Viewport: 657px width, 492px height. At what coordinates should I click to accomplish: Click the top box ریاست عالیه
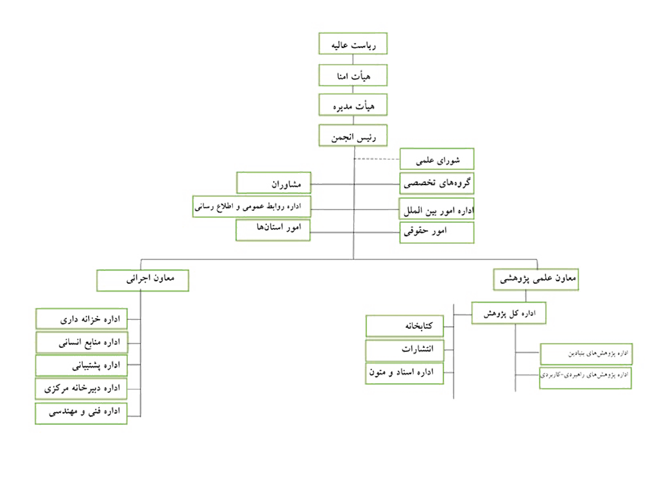click(x=353, y=44)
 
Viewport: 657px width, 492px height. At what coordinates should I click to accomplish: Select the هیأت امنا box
click(x=353, y=75)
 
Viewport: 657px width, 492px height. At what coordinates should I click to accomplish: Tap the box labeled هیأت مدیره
click(x=353, y=104)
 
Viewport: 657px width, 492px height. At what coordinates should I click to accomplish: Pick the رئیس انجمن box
click(x=353, y=136)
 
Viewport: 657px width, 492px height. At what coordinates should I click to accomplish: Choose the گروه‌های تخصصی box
click(x=437, y=183)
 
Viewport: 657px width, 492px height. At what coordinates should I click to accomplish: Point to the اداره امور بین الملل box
click(x=437, y=209)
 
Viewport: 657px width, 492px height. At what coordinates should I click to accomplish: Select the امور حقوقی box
click(x=437, y=232)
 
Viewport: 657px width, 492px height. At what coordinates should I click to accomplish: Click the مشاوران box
click(x=274, y=183)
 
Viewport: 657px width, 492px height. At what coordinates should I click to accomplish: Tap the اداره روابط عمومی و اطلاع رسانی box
click(x=252, y=207)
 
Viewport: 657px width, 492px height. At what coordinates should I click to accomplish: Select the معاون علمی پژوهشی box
click(x=536, y=280)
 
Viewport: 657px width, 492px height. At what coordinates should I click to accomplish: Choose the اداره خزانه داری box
click(x=81, y=318)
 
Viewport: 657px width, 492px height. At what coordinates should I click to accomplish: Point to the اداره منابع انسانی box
click(x=81, y=342)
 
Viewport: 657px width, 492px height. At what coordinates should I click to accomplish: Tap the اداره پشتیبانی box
click(x=81, y=365)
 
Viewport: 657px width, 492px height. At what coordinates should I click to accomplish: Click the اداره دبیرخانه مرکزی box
click(x=81, y=389)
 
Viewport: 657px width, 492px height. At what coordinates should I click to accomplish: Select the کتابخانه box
click(x=405, y=327)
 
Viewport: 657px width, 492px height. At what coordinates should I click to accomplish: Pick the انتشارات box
click(x=405, y=350)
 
